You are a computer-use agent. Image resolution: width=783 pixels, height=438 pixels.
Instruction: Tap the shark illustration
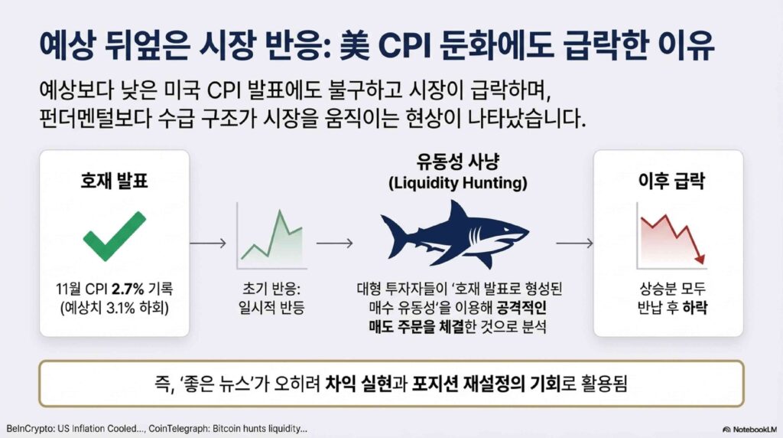click(454, 234)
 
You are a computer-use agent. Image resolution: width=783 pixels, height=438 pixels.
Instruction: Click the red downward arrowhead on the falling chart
click(700, 258)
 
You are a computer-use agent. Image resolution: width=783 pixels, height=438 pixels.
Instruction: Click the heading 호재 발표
click(115, 181)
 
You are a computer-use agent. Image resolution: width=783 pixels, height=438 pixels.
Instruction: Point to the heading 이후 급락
click(671, 181)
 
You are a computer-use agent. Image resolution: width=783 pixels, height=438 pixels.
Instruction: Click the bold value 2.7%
click(128, 289)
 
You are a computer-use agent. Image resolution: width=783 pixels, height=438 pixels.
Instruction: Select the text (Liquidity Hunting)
click(458, 183)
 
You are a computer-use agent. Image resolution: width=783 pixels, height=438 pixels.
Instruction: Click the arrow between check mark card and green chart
click(208, 243)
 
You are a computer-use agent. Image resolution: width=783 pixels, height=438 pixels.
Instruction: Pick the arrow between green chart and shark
click(335, 243)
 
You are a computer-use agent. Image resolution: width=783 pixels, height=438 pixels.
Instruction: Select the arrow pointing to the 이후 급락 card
click(575, 243)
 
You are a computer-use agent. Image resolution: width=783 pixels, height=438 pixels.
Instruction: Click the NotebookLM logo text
click(750, 430)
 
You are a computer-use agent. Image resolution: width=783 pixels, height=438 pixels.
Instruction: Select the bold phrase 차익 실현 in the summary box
click(358, 384)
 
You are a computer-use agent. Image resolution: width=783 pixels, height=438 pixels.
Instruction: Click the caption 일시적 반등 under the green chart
click(271, 308)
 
